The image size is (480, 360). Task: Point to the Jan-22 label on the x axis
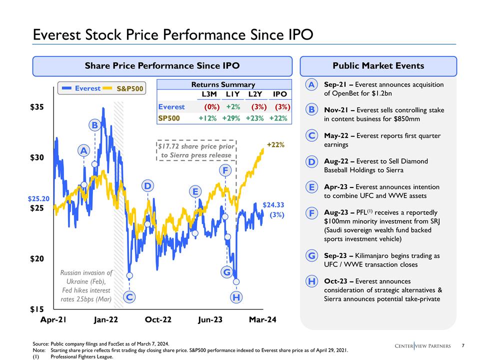coord(106,319)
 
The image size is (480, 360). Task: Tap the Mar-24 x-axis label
coord(263,319)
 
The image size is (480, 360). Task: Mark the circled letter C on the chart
coord(129,297)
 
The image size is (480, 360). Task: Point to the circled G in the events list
coord(311,256)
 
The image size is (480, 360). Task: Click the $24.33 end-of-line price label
coord(273,204)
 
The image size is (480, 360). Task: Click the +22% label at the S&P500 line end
coord(275,144)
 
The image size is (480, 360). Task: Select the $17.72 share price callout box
coord(196,150)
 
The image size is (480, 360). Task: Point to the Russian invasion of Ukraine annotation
coord(85,285)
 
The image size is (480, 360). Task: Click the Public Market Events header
coord(378,65)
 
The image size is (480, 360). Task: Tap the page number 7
coord(463,345)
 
